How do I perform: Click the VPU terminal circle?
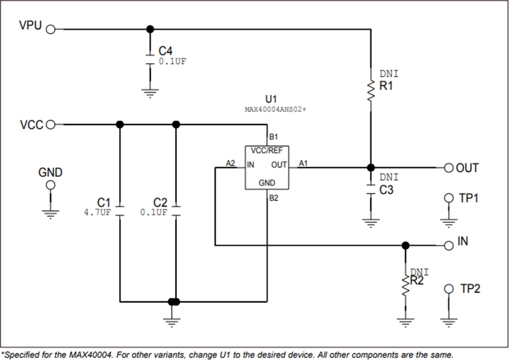[x=50, y=29]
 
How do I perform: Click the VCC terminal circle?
[x=50, y=124]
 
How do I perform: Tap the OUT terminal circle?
[x=448, y=168]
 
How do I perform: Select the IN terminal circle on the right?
[x=448, y=245]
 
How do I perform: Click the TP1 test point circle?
[x=449, y=198]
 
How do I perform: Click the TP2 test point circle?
[x=449, y=288]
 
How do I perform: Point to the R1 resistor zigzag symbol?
[x=371, y=90]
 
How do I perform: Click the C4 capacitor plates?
[x=150, y=60]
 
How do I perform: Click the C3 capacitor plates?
[x=371, y=191]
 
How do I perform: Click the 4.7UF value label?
[x=97, y=213]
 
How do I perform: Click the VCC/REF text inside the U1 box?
[x=267, y=151]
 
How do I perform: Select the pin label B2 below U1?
[x=274, y=198]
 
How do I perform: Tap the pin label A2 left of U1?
[x=230, y=163]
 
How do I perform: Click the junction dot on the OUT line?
[x=371, y=168]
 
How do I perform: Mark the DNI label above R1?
[x=389, y=74]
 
